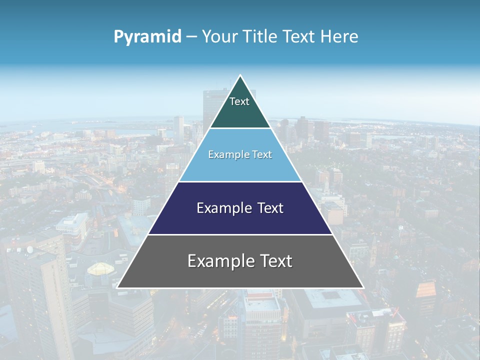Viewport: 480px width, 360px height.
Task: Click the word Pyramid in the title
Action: point(147,36)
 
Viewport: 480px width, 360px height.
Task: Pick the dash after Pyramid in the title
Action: point(191,37)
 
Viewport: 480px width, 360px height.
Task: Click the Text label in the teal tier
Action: point(239,101)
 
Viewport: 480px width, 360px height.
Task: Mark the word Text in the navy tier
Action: point(268,208)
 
